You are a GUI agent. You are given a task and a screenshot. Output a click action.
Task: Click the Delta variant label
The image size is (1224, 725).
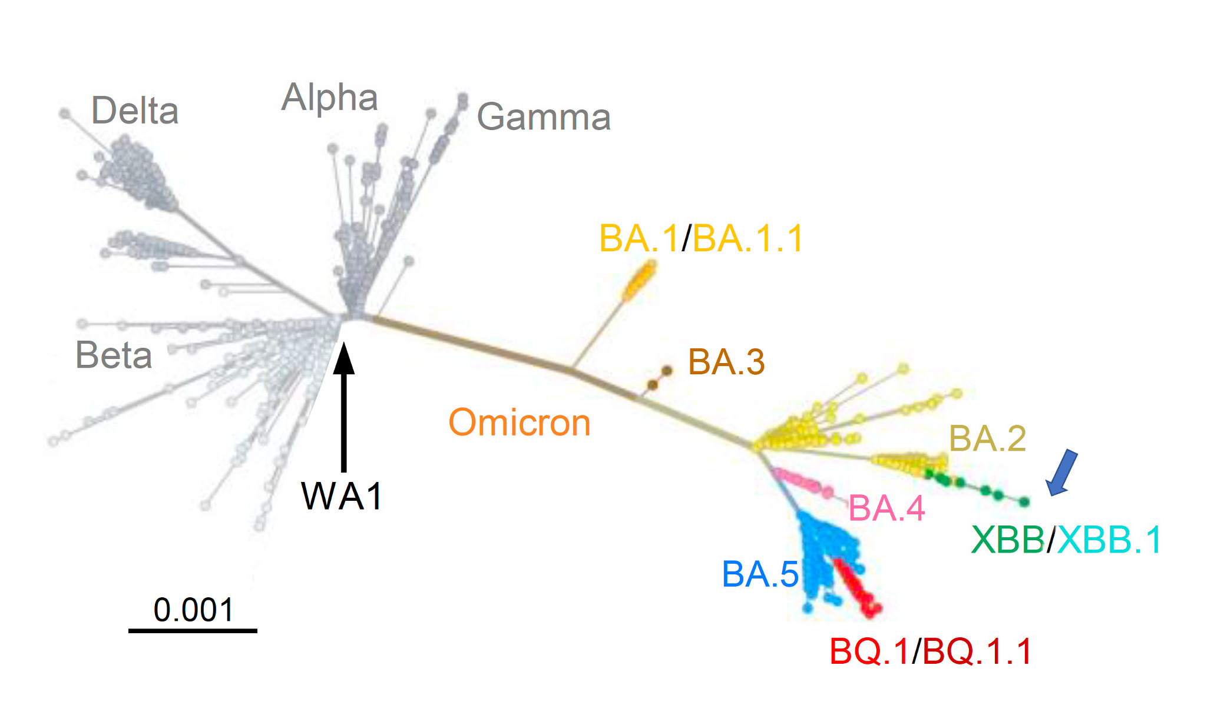tap(135, 111)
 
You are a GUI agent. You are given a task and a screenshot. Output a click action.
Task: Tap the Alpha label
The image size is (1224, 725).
tap(329, 97)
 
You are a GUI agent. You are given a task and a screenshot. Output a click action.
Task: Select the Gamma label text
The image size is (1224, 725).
tap(543, 117)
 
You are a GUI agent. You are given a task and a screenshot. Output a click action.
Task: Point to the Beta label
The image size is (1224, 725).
tap(114, 355)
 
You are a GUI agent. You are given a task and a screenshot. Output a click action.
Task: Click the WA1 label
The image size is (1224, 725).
tap(342, 496)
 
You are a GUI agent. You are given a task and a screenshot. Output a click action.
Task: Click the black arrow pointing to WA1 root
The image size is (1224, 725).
tap(344, 406)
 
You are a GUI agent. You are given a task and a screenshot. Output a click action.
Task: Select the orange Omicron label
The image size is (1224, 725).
tap(520, 423)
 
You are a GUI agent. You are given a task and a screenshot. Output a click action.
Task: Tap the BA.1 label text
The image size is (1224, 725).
tap(639, 239)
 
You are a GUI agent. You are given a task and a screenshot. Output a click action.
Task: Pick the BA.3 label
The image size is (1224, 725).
tap(726, 362)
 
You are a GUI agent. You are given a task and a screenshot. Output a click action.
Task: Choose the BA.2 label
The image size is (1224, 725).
tap(987, 439)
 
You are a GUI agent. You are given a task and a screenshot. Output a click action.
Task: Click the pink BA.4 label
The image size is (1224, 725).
tap(886, 508)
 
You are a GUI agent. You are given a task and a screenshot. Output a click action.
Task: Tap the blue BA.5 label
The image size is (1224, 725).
tap(760, 574)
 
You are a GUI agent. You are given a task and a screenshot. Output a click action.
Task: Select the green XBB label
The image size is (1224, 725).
tap(1007, 540)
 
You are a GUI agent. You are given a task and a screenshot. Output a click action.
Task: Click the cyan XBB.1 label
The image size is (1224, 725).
tap(1109, 540)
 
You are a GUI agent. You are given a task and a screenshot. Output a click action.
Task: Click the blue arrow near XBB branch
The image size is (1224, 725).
tap(1062, 473)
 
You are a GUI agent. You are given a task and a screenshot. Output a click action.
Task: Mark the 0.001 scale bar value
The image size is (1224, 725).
tap(193, 610)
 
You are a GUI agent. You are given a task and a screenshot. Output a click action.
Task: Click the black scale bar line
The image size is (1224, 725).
tap(193, 631)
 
